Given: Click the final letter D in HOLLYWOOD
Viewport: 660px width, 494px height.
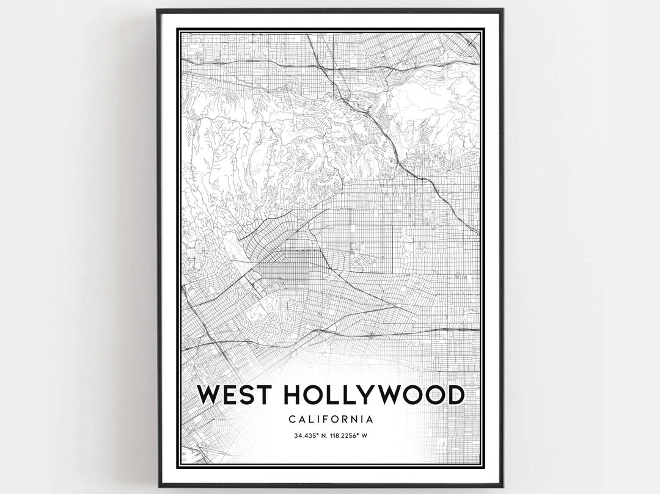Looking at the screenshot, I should [x=453, y=396].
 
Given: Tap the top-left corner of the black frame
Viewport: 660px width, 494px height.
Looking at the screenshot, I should [x=158, y=10].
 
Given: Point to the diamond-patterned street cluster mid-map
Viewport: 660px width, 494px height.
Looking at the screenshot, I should [x=367, y=262].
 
